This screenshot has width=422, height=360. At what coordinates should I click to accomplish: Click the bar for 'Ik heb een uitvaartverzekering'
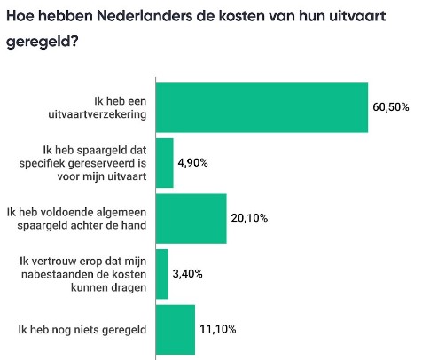[262, 107]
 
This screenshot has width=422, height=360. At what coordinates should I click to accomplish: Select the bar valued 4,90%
[164, 163]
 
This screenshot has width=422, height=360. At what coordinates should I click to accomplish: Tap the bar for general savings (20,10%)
[191, 218]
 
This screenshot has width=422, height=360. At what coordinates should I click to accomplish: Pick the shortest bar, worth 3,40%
[161, 274]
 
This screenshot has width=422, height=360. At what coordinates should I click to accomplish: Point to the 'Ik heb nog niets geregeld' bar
[175, 330]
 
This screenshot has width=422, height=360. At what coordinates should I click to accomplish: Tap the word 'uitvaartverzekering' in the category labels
[99, 114]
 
